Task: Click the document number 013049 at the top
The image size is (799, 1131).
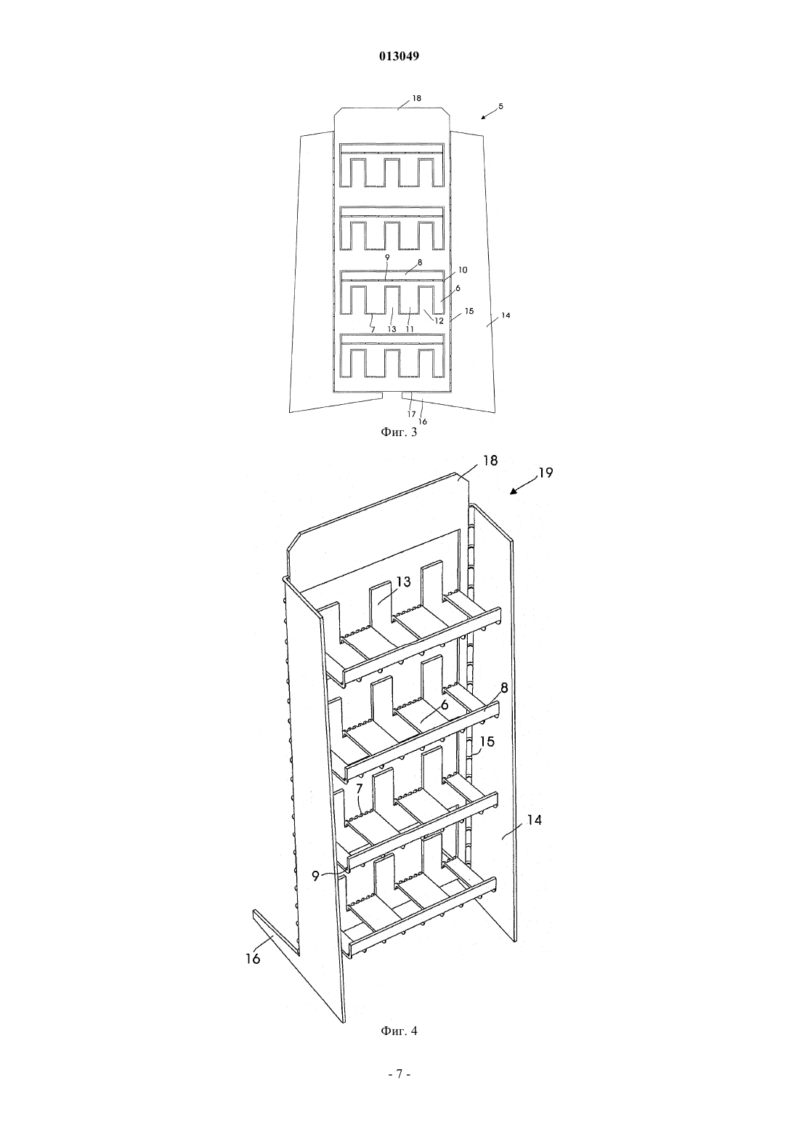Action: point(399,57)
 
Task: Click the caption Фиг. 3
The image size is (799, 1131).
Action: point(399,432)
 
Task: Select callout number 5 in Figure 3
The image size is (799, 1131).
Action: point(500,107)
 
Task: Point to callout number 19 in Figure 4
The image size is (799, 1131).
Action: point(545,472)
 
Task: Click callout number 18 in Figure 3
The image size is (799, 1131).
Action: point(417,98)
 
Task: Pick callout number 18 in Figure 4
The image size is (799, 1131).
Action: point(490,461)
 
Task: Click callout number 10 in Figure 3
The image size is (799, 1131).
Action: point(463,270)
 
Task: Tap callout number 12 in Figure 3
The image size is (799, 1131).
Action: point(439,320)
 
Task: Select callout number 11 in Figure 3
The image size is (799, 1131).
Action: point(410,329)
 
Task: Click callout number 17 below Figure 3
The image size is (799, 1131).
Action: point(411,414)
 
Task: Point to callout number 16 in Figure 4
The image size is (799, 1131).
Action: point(253,959)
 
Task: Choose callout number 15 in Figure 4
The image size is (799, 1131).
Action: point(487,741)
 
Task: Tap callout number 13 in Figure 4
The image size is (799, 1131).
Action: point(404,581)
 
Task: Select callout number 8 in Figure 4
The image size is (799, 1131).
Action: point(504,688)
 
